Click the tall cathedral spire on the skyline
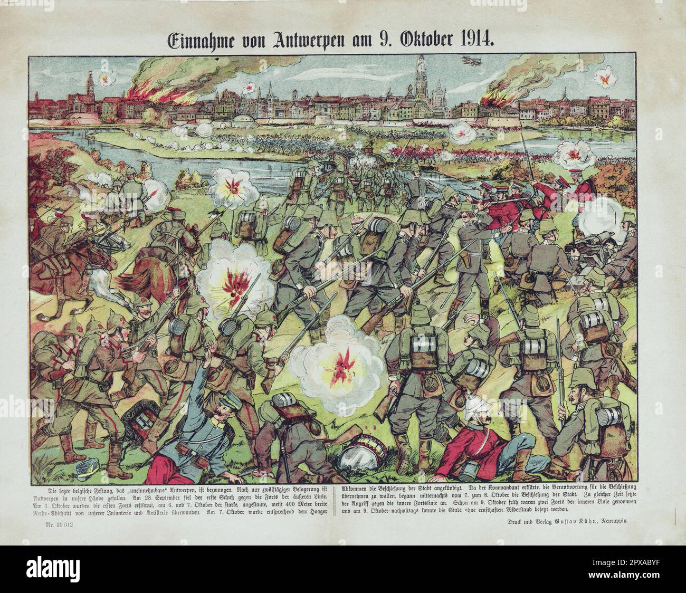[420, 74]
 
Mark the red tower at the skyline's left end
[90, 84]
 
